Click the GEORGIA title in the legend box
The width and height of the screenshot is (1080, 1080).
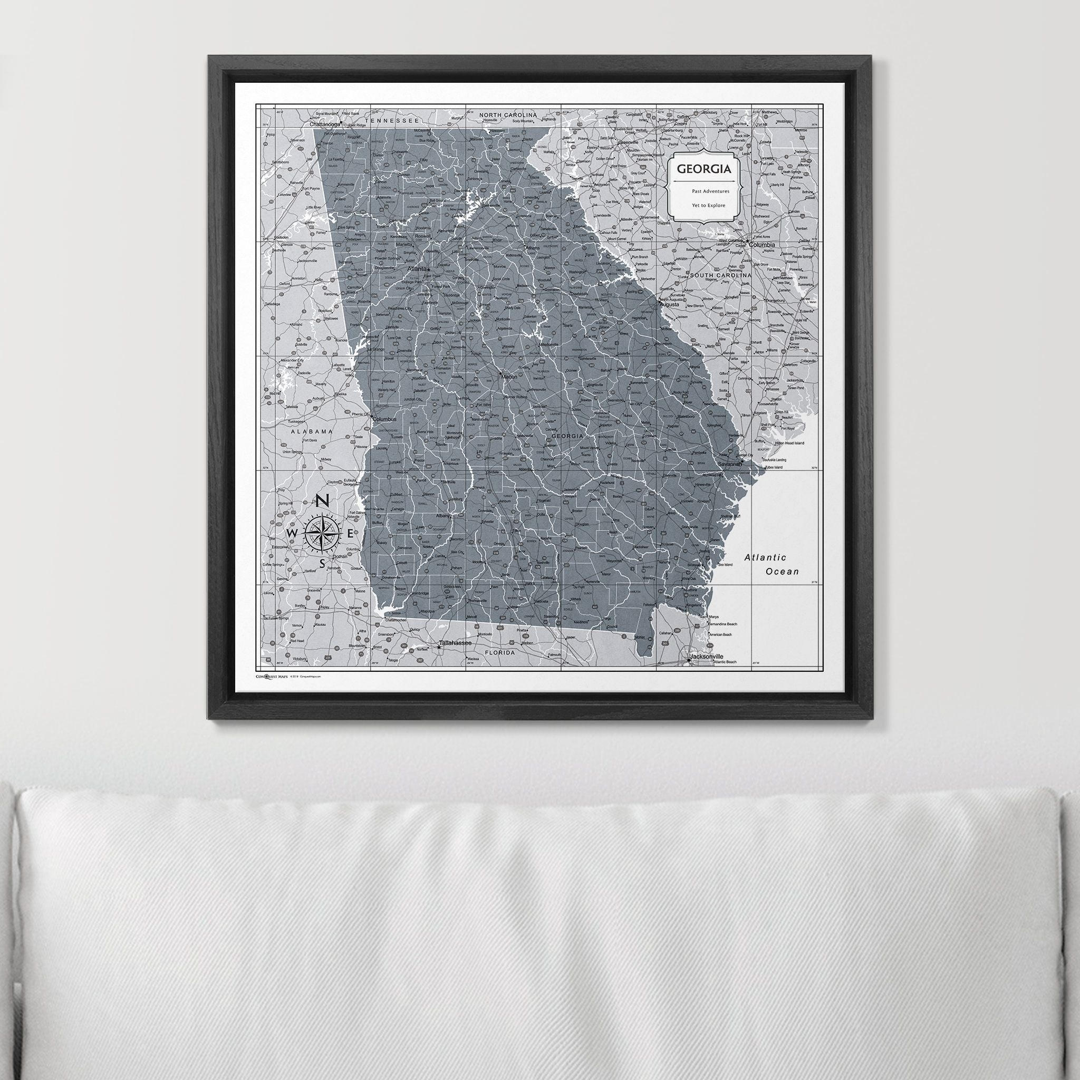tap(704, 169)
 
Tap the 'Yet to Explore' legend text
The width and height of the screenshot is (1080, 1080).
tap(708, 205)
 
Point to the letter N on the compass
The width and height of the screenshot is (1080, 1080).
tap(323, 502)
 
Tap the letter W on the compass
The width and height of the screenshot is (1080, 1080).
tap(292, 533)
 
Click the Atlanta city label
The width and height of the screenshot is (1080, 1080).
tap(417, 269)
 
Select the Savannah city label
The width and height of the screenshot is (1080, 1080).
tap(730, 464)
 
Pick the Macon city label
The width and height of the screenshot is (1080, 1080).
tap(509, 377)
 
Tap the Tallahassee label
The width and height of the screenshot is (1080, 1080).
tap(455, 643)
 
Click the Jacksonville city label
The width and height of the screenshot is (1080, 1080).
tap(707, 656)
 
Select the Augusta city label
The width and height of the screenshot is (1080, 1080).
tap(669, 305)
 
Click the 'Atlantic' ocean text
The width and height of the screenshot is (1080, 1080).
tap(765, 557)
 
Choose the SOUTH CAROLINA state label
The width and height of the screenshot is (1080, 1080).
tap(720, 276)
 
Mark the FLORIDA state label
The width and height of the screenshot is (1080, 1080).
tap(499, 652)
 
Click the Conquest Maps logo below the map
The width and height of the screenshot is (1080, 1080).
tap(272, 677)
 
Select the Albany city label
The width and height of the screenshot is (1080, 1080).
tap(443, 516)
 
